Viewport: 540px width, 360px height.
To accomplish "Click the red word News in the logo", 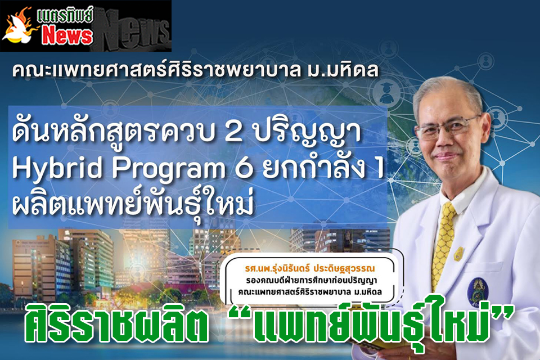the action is [67, 35].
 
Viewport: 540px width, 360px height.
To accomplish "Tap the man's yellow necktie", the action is [444, 241].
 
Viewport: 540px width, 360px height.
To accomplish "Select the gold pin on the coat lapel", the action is [459, 254].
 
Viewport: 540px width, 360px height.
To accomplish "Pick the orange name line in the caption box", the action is [310, 269].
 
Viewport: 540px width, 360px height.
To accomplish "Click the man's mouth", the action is [446, 157].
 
